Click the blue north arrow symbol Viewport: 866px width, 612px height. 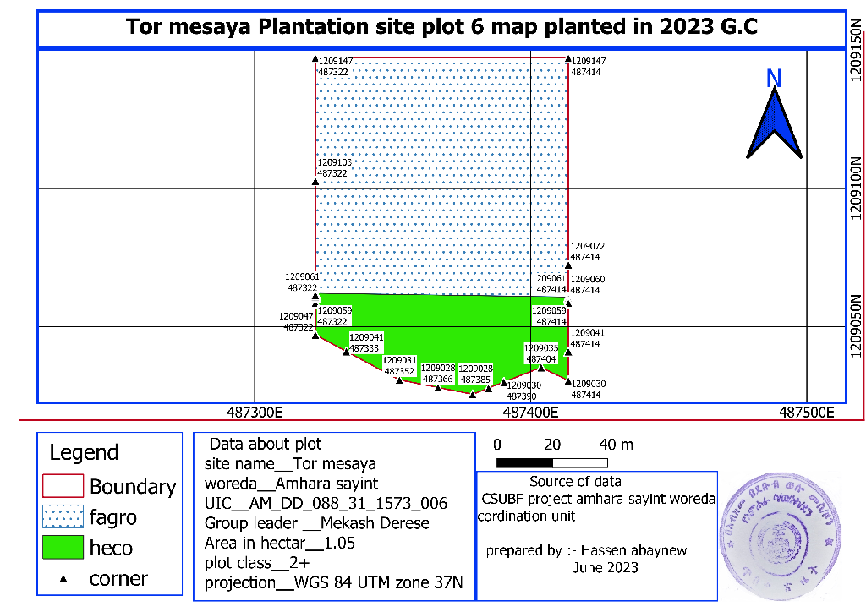coord(774,124)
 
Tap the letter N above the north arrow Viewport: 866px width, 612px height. coord(773,79)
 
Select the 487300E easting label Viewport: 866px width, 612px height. coord(260,413)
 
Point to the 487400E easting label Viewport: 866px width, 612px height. coord(531,413)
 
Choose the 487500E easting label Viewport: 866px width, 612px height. coord(806,413)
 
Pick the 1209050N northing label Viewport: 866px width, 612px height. coord(856,326)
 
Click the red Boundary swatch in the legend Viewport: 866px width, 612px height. coord(63,486)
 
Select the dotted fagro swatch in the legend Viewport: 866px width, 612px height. coord(63,516)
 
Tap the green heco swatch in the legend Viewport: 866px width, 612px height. coord(63,547)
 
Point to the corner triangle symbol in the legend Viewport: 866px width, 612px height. coord(63,579)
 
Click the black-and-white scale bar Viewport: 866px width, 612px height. coord(552,462)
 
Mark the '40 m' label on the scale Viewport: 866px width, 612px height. coord(617,445)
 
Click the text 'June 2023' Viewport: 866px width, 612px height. coord(606,567)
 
